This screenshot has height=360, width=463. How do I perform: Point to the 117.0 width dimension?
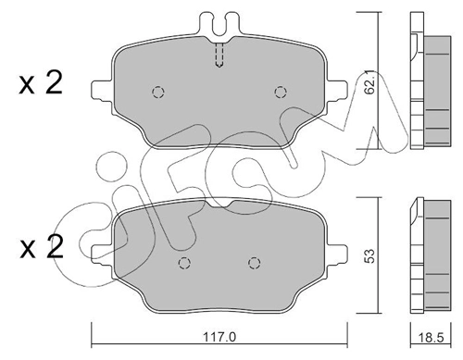(217, 339)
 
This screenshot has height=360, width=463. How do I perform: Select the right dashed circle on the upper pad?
(281, 91)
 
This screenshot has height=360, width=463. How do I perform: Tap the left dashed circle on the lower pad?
(183, 264)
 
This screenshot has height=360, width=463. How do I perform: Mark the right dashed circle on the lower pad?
(253, 264)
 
